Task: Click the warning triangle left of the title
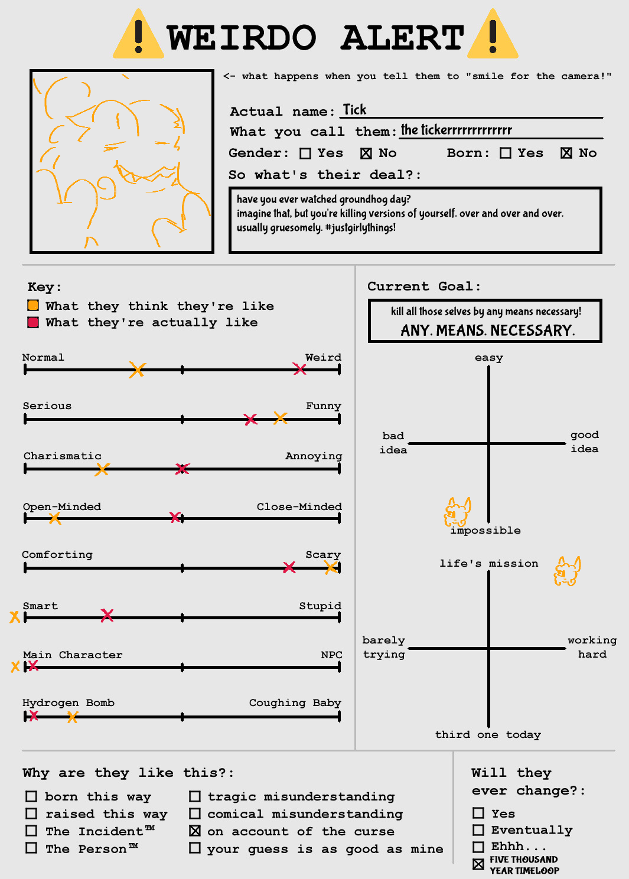point(138,34)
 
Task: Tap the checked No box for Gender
point(366,153)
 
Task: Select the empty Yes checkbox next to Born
point(506,153)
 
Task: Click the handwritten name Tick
point(354,109)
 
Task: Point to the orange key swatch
point(33,305)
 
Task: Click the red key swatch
point(33,322)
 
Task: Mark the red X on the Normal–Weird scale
point(299,368)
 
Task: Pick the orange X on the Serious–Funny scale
point(281,418)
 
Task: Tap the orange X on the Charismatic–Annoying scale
point(102,469)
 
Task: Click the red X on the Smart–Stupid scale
point(107,615)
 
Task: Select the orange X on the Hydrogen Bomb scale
point(72,717)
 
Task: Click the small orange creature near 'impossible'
point(457,512)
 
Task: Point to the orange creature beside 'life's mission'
point(567,571)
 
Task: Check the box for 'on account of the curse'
point(195,831)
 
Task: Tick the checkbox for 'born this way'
point(31,796)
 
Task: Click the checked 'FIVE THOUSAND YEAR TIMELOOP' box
point(478,864)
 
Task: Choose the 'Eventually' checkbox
point(478,830)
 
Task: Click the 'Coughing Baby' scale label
point(295,703)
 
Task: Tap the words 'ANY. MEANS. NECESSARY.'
point(488,331)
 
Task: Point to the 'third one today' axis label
point(488,734)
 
